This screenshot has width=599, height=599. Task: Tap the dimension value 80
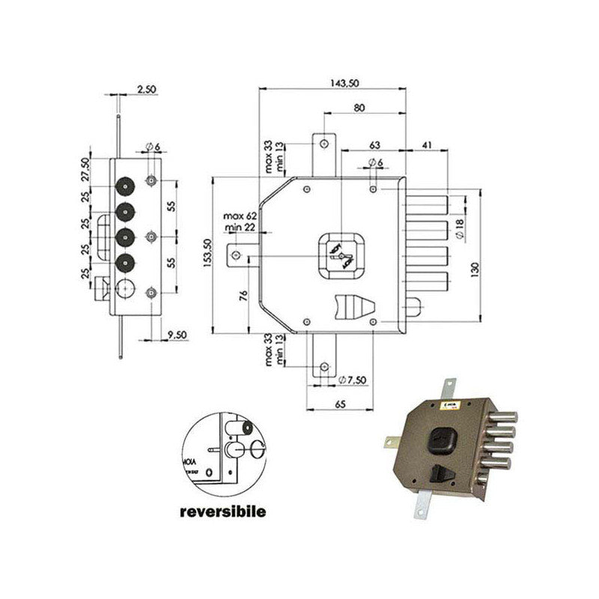(360, 108)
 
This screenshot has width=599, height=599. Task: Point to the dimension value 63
(375, 144)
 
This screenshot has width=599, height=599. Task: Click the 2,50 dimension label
(147, 89)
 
